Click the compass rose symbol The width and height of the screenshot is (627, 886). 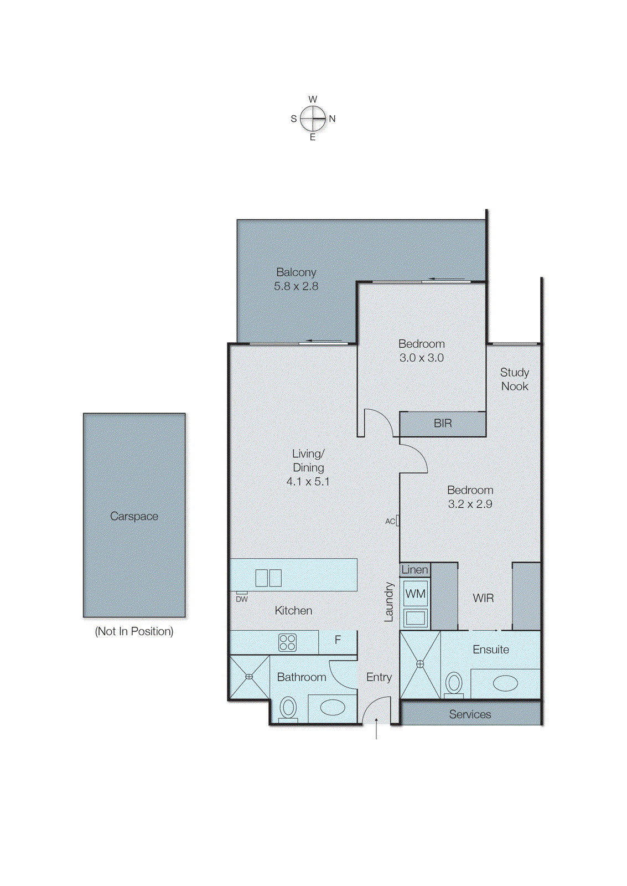313,119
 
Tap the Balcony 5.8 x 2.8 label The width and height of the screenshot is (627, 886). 296,279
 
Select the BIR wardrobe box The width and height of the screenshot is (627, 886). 443,424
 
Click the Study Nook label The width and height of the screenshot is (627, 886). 515,379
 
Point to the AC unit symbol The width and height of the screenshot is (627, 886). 397,521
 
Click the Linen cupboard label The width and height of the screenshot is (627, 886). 414,570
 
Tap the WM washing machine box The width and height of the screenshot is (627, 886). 415,594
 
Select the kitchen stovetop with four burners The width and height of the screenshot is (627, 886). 287,642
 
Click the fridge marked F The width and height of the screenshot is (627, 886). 338,640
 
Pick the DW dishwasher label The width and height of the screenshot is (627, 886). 242,599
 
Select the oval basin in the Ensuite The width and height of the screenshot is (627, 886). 505,683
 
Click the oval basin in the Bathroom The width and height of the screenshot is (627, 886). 333,707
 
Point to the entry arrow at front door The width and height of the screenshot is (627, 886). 376,728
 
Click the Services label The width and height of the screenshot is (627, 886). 470,714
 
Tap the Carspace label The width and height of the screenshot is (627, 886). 134,516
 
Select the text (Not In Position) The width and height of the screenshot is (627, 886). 134,631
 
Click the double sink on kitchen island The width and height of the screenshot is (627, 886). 268,578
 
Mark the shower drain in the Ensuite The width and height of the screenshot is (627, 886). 420,663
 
